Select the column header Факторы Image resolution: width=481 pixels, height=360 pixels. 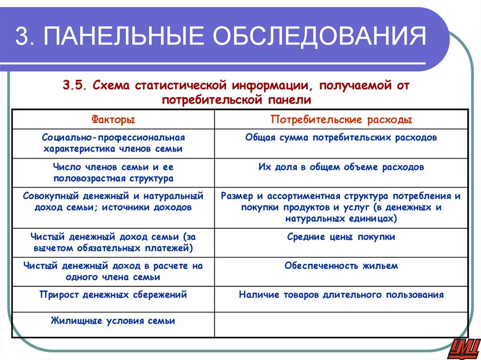point(113,120)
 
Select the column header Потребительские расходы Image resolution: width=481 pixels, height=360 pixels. point(341,120)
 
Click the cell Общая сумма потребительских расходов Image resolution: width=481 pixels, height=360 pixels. point(341,138)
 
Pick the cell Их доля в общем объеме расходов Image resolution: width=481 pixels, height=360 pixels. point(341,167)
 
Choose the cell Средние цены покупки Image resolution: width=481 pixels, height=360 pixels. point(341,237)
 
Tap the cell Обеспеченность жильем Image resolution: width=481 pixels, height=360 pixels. point(341,266)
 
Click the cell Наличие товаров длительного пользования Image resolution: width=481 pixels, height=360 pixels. point(341,295)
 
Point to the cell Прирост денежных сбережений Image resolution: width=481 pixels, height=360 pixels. point(113,295)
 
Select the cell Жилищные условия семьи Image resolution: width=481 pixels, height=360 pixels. point(113,322)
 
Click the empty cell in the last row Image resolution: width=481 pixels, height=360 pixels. point(341,324)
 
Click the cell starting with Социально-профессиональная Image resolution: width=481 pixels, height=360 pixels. point(113,143)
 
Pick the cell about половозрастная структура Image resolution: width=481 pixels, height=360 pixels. point(113,172)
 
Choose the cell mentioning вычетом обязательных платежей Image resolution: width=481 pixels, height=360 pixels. point(113,242)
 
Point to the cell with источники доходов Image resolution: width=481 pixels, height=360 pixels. point(113,202)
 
